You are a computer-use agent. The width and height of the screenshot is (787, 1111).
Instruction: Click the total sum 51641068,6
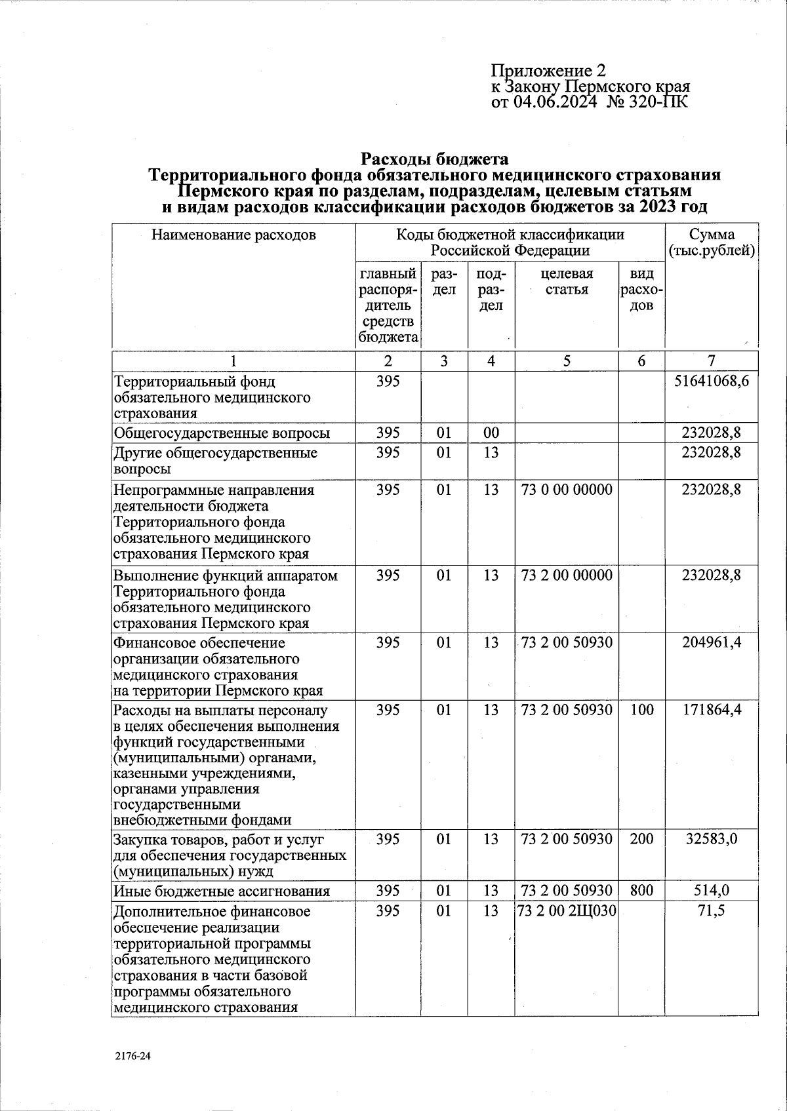coord(712,381)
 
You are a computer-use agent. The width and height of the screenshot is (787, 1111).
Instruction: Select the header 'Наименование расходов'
coord(233,235)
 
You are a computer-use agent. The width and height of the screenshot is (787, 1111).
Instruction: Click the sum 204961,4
coord(712,642)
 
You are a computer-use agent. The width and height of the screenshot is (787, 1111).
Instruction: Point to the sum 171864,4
coord(712,710)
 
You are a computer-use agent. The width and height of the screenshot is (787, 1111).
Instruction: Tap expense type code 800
coord(641,890)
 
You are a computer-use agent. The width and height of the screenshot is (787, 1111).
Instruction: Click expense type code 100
coord(641,710)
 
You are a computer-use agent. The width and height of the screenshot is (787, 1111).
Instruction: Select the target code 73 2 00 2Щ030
coord(567,910)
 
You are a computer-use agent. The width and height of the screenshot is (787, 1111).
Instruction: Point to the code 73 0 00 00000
coord(567,490)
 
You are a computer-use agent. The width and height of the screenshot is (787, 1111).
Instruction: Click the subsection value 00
coord(491,433)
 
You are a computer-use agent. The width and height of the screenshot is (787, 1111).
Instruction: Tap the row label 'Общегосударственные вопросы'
coord(222,433)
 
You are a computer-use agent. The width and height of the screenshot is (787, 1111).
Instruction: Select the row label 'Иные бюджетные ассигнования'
coord(221,891)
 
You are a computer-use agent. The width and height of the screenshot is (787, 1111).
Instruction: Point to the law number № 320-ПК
coord(649,102)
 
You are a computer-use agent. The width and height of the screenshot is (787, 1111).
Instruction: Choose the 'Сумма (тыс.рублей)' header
coord(712,243)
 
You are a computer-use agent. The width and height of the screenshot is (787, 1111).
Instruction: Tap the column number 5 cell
coord(567,361)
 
